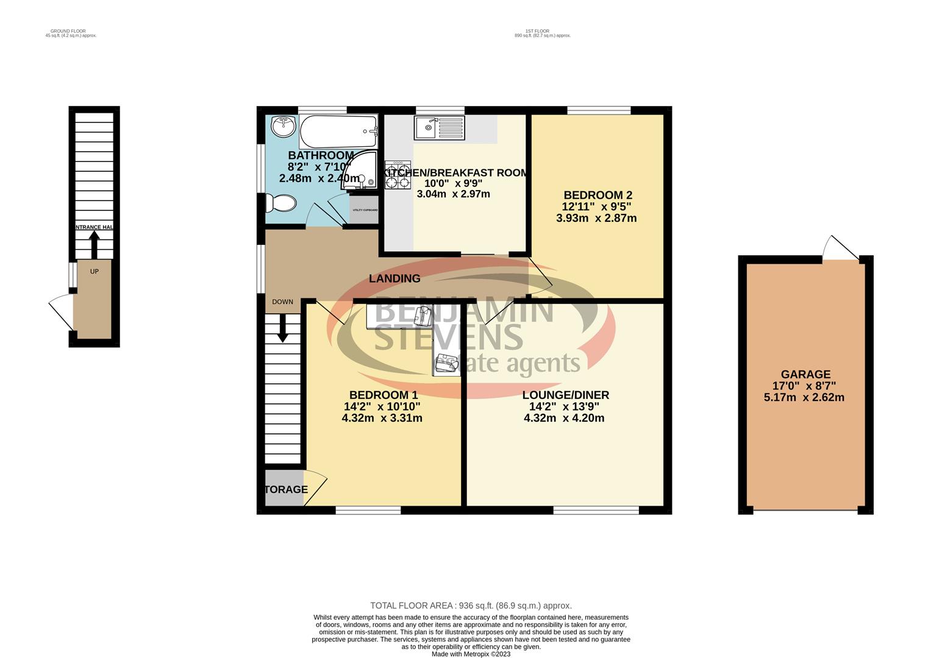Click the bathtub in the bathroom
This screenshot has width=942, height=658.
(x=338, y=131)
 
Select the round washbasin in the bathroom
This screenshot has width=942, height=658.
(x=283, y=127)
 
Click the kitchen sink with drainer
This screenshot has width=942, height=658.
(x=439, y=128)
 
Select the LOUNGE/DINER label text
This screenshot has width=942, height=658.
(x=565, y=395)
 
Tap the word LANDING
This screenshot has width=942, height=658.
(x=394, y=279)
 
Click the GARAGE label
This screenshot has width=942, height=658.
(x=805, y=375)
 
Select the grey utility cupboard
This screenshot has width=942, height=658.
(x=365, y=210)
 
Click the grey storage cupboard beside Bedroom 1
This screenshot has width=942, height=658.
(x=284, y=489)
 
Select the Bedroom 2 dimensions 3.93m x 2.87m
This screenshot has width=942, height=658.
(x=596, y=218)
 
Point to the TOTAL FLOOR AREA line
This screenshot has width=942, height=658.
(x=471, y=606)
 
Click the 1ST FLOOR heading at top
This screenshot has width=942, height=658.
(x=537, y=31)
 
